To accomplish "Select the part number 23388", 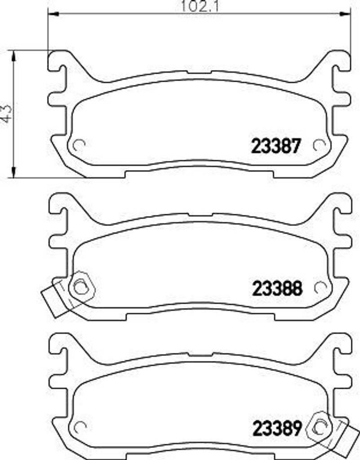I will (276, 288).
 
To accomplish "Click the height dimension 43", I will (6, 113).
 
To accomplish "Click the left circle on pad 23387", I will (79, 145).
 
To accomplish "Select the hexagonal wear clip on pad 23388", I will (81, 286).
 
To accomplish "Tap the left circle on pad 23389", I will (79, 426).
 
